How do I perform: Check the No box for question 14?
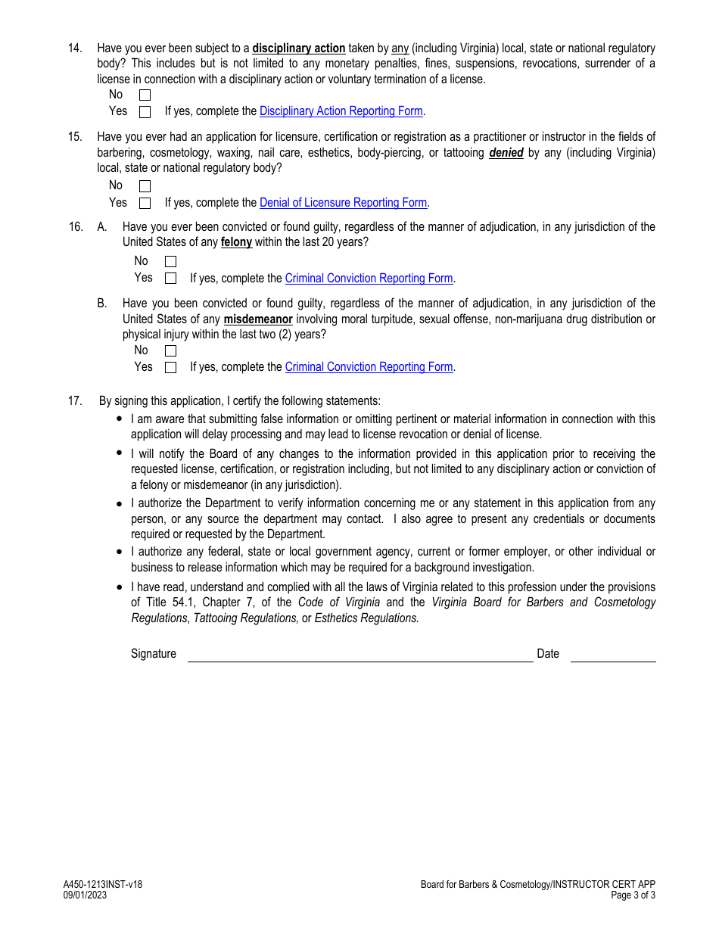tap(145, 95)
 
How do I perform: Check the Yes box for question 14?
tap(145, 112)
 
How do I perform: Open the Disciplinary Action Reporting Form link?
tap(341, 111)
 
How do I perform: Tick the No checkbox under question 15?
tap(145, 186)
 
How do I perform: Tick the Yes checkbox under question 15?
tap(145, 203)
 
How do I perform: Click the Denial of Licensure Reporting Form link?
tap(343, 203)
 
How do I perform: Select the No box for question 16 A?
tap(170, 262)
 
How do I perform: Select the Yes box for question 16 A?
tap(170, 279)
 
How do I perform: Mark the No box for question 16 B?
tap(170, 351)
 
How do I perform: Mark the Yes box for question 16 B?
tap(170, 368)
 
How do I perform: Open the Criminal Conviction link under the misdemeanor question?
tap(369, 367)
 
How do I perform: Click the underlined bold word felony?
tap(236, 242)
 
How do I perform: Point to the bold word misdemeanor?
tap(258, 319)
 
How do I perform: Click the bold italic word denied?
tap(506, 153)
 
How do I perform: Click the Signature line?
tap(360, 655)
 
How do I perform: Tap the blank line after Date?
tap(613, 655)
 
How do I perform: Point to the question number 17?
tap(75, 401)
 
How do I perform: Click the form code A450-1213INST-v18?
tap(103, 884)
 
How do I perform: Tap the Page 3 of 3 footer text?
tap(633, 895)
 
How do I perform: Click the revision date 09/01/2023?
tap(85, 895)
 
